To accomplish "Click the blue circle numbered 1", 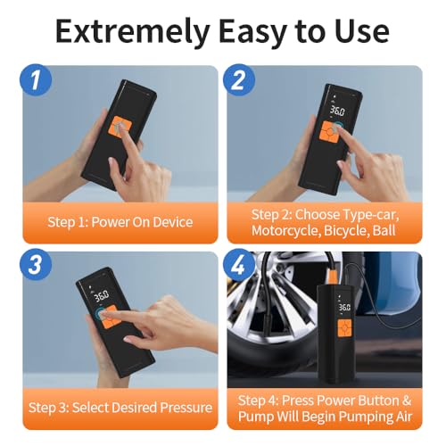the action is [36, 80].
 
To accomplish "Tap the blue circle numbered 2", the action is [239, 80].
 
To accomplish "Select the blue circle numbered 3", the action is [36, 264].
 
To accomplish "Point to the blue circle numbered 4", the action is [239, 264].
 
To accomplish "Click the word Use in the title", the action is [362, 31].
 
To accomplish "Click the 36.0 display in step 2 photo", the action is [337, 111].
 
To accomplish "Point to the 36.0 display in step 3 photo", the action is [102, 296].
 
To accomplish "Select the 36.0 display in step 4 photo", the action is [344, 307].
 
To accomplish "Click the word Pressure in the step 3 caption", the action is [186, 408].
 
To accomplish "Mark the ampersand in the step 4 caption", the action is [407, 401].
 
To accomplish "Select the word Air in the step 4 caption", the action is [404, 417].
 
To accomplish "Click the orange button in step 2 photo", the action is [329, 131].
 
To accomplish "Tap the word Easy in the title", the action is [253, 32].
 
